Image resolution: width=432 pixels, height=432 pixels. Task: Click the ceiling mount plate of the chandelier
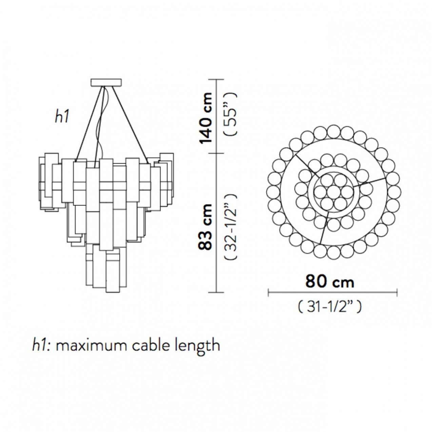pos(106,82)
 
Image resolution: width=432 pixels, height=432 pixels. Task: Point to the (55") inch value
pos(231,114)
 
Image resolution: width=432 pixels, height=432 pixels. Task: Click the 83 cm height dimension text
pos(205,227)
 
